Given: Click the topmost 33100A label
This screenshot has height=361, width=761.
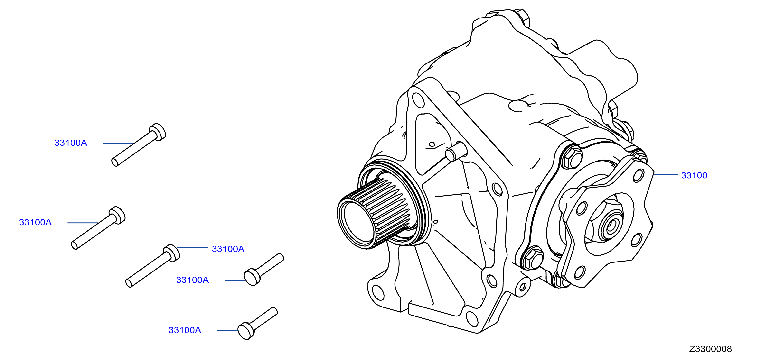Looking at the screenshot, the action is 71,143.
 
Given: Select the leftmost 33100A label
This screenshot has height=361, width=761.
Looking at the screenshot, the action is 36,222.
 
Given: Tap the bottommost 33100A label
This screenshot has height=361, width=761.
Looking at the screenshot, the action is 185,330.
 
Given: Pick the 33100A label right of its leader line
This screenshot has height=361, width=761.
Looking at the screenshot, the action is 228,249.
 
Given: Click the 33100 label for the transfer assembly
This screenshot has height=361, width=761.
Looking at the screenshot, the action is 694,175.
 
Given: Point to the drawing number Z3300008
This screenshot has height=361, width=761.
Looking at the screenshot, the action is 711,349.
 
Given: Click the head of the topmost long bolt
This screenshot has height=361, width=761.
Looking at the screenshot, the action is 158,132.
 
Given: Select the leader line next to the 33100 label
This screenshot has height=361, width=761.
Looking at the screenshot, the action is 665,175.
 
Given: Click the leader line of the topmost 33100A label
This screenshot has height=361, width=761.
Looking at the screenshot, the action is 118,144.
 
